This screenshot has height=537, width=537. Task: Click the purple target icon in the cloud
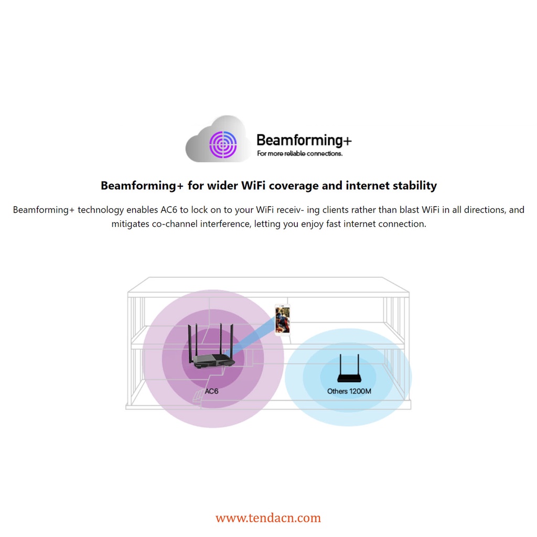[223, 144]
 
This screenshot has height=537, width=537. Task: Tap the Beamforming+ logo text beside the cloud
[304, 140]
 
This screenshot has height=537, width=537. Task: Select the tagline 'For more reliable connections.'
[299, 154]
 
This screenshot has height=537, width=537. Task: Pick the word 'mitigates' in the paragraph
[131, 224]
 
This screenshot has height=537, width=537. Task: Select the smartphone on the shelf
[282, 319]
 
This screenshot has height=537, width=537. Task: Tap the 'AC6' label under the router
[211, 392]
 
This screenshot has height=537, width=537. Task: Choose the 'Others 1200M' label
[349, 391]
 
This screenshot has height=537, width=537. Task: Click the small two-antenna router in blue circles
[349, 377]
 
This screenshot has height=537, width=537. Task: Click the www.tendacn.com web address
[268, 518]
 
